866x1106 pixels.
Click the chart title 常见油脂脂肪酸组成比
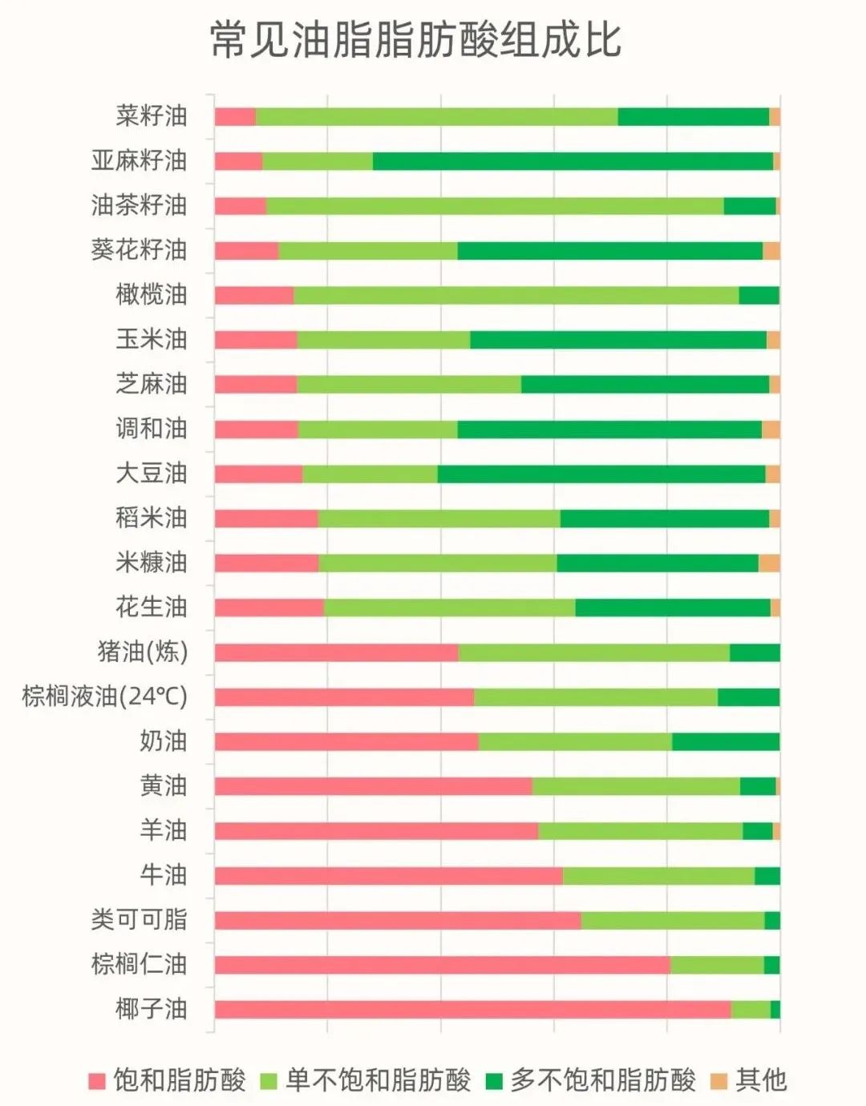(x=415, y=40)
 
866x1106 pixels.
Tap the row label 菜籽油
(x=152, y=116)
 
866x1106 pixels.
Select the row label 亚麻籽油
(x=139, y=161)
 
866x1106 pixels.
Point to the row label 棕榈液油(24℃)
(x=105, y=696)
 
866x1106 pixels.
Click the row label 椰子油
(x=152, y=1009)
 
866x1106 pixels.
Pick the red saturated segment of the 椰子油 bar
(x=472, y=1010)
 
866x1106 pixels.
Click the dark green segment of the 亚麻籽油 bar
(x=573, y=161)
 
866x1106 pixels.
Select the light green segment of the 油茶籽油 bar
(x=494, y=206)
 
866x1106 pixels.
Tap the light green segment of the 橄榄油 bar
(x=516, y=295)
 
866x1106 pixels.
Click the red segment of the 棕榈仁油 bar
(x=442, y=965)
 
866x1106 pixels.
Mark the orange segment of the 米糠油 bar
(x=769, y=563)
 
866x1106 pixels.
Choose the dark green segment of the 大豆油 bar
(x=601, y=474)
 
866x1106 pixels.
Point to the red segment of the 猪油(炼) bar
(x=336, y=652)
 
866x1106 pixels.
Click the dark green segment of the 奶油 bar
(x=726, y=741)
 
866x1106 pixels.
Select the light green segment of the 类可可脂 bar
(x=672, y=920)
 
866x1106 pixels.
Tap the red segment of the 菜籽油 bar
(x=235, y=116)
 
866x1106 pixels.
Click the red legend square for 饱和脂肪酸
(x=97, y=1081)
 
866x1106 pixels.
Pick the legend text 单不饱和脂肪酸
(x=378, y=1080)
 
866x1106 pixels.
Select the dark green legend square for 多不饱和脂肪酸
(x=494, y=1081)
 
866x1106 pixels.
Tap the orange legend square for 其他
(x=719, y=1081)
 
